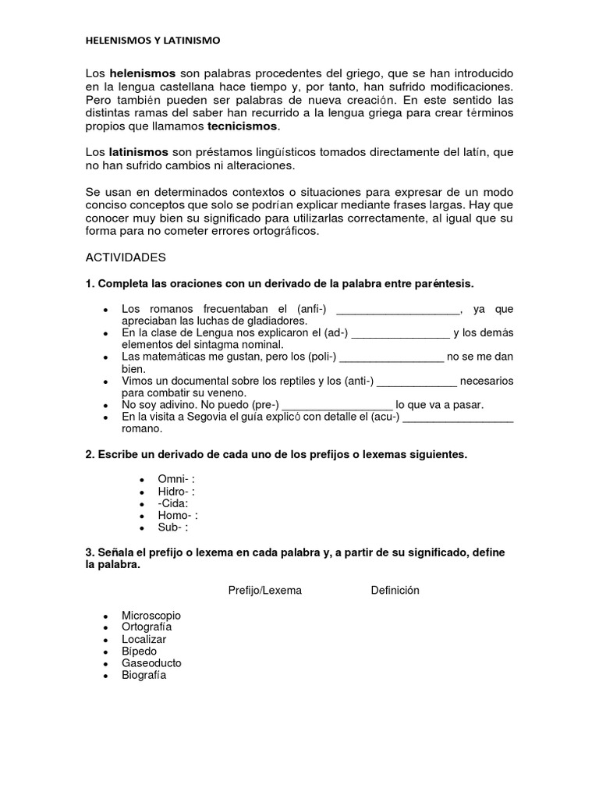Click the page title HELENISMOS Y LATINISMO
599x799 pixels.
point(153,39)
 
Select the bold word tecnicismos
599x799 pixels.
point(242,126)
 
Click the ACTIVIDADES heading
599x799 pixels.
point(126,257)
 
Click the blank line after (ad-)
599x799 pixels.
point(400,333)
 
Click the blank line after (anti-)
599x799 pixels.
point(417,381)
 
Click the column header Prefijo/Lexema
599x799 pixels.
point(264,590)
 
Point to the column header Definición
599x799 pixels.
point(395,590)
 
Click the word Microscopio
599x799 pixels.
point(151,616)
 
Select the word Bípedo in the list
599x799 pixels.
point(140,651)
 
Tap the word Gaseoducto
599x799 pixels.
point(151,663)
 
